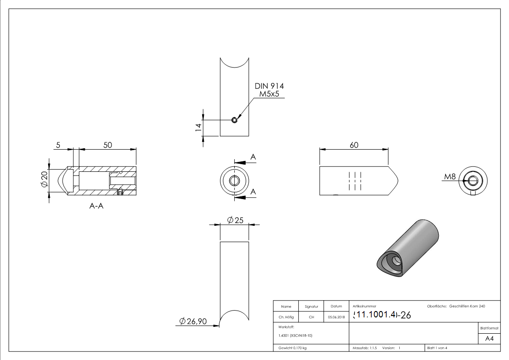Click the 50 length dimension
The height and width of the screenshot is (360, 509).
click(x=107, y=145)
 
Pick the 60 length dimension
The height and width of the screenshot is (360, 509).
click(x=354, y=145)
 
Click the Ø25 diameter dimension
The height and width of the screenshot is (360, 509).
click(x=236, y=220)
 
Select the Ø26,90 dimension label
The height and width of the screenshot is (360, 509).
click(x=193, y=321)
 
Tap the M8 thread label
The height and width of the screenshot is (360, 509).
click(x=450, y=176)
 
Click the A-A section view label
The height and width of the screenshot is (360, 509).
click(x=96, y=206)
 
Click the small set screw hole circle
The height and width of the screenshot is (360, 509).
click(x=234, y=120)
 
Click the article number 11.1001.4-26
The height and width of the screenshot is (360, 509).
click(x=382, y=315)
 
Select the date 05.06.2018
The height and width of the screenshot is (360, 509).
click(x=336, y=317)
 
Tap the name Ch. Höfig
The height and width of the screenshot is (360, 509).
click(x=286, y=317)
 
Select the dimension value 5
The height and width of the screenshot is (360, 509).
click(x=58, y=145)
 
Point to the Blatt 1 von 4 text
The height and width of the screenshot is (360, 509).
click(x=437, y=348)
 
